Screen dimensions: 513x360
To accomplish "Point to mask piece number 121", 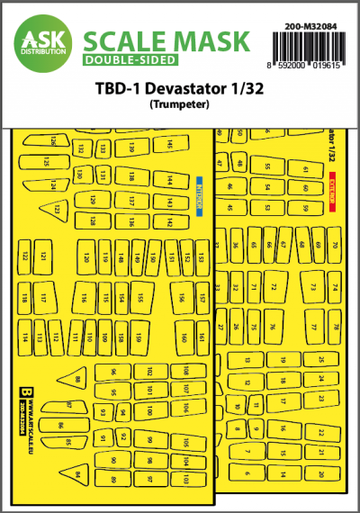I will coord(42,257).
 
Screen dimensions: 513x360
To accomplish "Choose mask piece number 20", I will coord(320,473).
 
